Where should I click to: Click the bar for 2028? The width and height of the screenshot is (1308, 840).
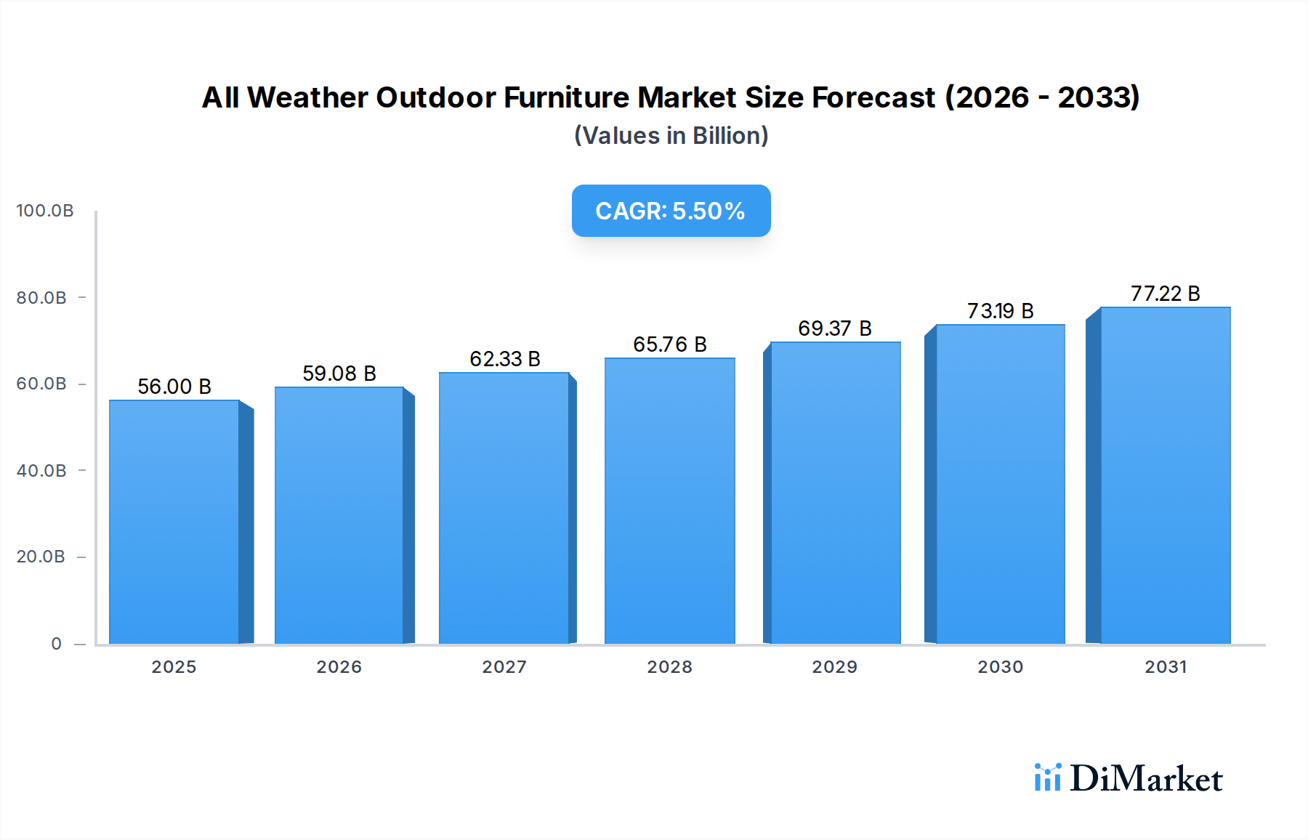click(x=669, y=501)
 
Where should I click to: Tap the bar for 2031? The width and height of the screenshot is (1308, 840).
click(x=1165, y=475)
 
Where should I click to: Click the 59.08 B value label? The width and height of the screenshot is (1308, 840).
click(x=339, y=373)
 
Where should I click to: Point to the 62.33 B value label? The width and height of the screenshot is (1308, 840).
click(x=504, y=359)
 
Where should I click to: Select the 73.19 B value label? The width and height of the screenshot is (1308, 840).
click(x=1000, y=311)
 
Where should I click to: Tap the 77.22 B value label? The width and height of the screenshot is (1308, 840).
click(x=1165, y=294)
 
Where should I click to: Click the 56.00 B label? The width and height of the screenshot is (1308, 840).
click(x=174, y=387)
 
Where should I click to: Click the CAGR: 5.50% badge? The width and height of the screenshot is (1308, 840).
click(x=671, y=211)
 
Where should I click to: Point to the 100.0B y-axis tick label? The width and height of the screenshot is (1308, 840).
click(x=45, y=211)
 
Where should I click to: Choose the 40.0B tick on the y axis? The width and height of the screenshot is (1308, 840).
click(x=41, y=471)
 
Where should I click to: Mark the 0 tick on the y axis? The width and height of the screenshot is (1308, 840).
click(x=56, y=644)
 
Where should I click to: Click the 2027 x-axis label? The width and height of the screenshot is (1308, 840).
click(x=504, y=667)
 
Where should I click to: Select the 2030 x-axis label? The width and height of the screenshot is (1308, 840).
click(x=1000, y=667)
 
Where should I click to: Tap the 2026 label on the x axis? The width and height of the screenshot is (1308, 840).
click(x=339, y=667)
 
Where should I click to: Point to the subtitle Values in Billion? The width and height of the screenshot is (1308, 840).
click(x=671, y=136)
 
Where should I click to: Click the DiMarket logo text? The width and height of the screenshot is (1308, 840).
click(x=1146, y=779)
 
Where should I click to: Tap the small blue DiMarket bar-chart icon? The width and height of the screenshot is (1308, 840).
click(x=1047, y=778)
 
